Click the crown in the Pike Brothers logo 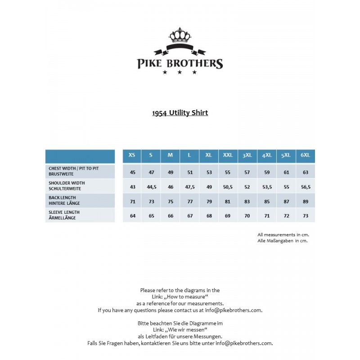coord(180,36)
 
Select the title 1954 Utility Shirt coord(180,112)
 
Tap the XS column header coord(132,155)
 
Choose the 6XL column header coord(306,155)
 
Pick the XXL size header coord(228,155)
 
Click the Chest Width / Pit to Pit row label coord(73,171)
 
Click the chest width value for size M coord(171,172)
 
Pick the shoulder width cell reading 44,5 coord(151,187)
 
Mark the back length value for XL coord(209,201)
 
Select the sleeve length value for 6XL coord(306,216)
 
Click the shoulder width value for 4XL coord(267,187)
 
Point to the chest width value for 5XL coord(286,172)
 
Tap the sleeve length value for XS coord(132,216)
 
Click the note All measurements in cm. coord(283,234)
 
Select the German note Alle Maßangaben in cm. coord(282,241)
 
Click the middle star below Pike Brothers coord(180,72)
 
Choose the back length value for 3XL coord(247,201)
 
